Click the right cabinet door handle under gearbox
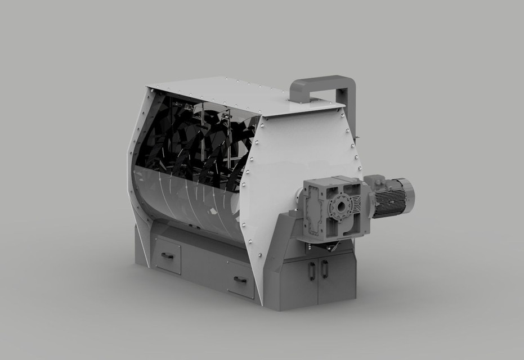coord(325,269)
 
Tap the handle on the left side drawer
coord(167,256)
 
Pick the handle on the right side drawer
coord(240,280)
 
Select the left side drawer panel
coord(168,256)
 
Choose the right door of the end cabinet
coord(337,277)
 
